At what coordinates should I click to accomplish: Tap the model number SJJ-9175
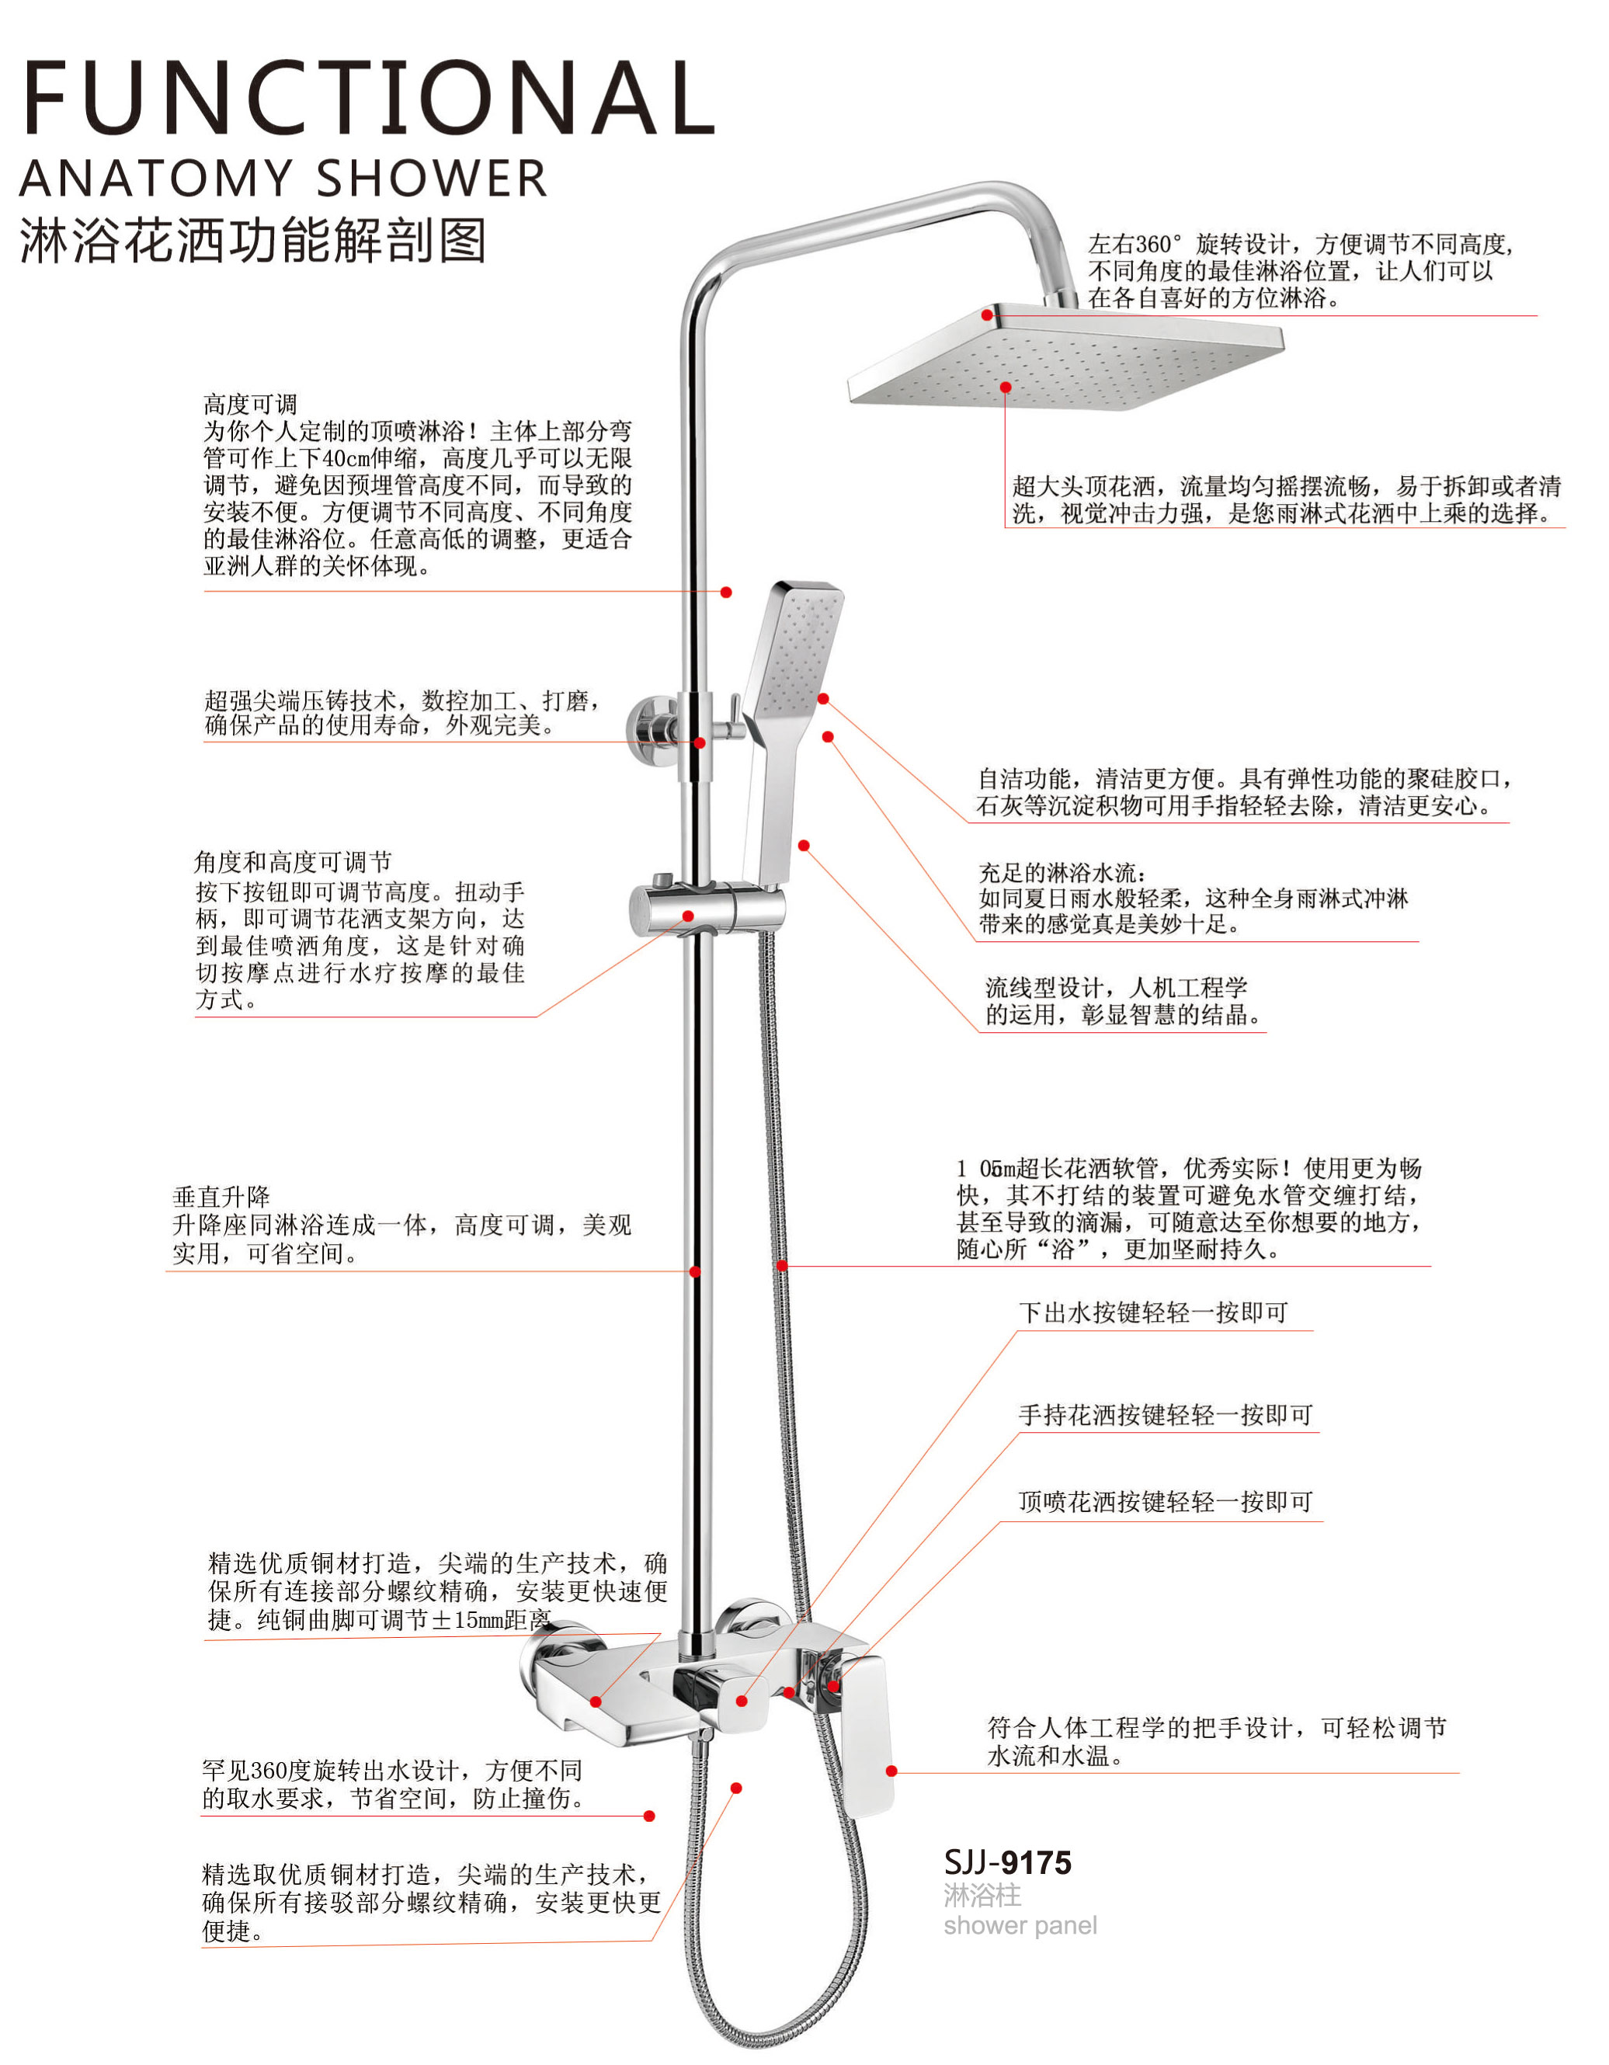[1007, 1862]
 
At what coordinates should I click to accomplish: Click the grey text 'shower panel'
[1020, 1925]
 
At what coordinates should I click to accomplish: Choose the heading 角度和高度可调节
[293, 862]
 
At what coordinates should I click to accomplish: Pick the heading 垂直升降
[221, 1197]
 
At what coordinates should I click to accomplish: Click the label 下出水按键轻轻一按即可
[1152, 1312]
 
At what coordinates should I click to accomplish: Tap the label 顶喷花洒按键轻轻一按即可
[1165, 1501]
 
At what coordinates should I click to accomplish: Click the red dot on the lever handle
[891, 1771]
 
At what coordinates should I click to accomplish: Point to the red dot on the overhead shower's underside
[1006, 388]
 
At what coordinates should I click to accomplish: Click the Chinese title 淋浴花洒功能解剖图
[253, 240]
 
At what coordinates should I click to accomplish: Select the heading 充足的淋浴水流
[1062, 872]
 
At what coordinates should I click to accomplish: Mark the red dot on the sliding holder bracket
[688, 916]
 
